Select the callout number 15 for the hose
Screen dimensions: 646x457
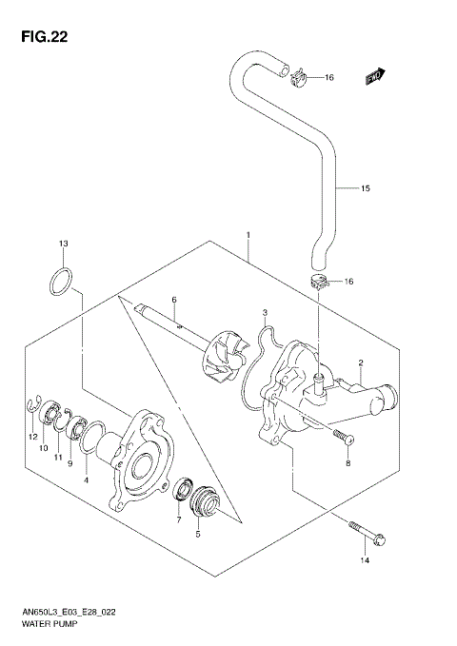pos(365,188)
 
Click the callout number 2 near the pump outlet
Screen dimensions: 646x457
pos(362,362)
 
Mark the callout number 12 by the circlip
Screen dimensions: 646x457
pos(31,436)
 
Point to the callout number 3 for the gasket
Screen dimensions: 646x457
pos(265,312)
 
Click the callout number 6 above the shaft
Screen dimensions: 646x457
pos(174,300)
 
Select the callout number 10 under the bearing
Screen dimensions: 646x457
pos(42,447)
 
